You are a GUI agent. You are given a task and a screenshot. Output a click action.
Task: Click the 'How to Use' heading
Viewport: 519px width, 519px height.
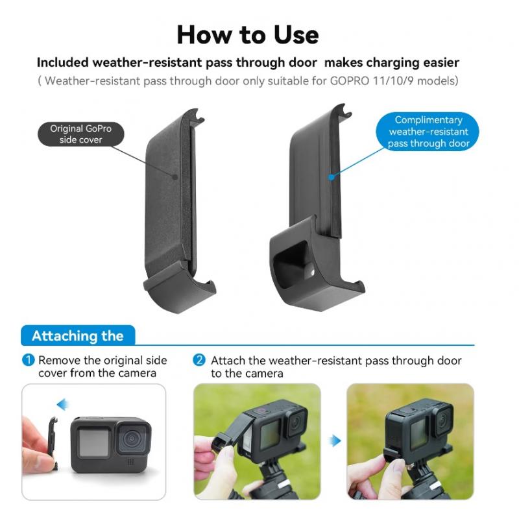(248, 35)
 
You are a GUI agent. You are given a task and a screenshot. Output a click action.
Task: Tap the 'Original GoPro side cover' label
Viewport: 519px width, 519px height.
(80, 134)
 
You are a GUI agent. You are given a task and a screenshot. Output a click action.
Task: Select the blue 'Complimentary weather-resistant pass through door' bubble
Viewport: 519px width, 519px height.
(428, 132)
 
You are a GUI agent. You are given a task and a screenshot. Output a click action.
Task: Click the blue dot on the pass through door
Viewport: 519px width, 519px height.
(332, 177)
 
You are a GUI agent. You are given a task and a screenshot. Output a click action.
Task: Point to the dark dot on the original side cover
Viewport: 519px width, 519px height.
(175, 177)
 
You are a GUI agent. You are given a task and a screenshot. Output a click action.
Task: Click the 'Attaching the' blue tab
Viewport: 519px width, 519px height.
(78, 335)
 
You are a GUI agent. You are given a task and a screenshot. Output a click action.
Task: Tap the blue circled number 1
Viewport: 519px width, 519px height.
(28, 360)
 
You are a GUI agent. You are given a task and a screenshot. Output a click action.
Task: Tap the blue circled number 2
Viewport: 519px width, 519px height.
(199, 360)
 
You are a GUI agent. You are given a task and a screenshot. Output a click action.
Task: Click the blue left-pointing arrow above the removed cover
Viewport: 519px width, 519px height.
(62, 404)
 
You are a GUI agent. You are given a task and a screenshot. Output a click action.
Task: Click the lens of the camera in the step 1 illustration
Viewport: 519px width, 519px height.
(132, 439)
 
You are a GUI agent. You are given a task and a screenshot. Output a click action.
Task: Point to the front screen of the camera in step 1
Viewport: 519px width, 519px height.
(94, 442)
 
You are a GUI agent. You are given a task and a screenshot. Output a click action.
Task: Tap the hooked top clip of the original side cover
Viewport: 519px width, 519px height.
(197, 116)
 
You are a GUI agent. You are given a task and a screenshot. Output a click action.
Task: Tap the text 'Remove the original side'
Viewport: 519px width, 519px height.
(103, 360)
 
